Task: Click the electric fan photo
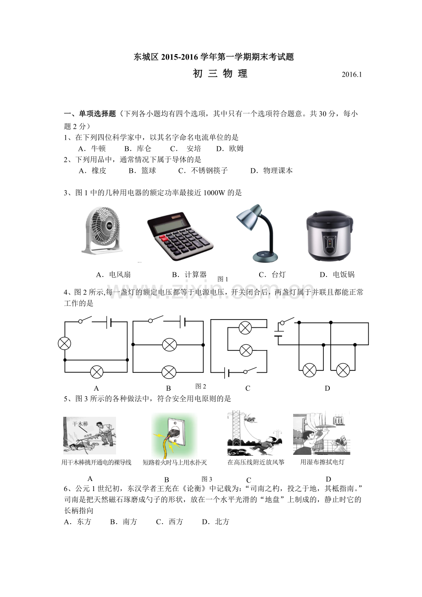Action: point(102,229)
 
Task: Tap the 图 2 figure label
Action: point(201,386)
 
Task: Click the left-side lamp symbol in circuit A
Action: point(64,343)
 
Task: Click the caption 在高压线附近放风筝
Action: point(256,462)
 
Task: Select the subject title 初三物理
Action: point(220,74)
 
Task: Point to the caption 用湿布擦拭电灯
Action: point(322,462)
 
